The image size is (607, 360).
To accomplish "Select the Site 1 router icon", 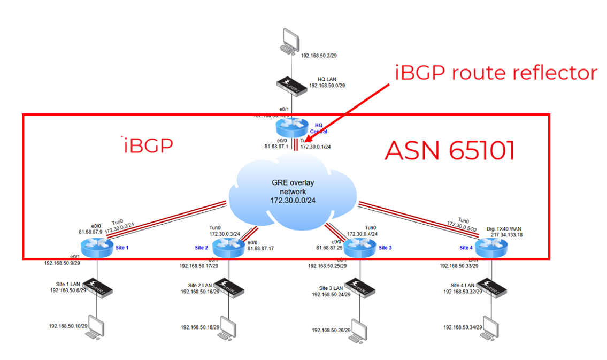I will pos(96,247).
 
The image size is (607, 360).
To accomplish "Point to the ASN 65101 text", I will pos(449,151).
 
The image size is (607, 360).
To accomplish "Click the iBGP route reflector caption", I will pos(496,72).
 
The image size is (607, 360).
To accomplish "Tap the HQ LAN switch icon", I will pos(292,85).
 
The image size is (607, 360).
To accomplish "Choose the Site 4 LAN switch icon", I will pos(489,286).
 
